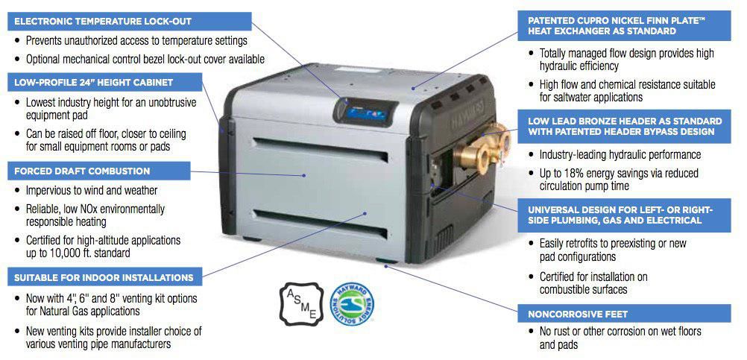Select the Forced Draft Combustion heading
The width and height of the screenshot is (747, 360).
[x=80, y=171]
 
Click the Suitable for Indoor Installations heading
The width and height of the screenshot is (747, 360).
[x=101, y=277]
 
